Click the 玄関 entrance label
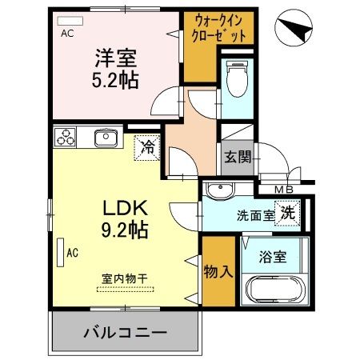[x=237, y=156]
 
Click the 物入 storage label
[x=219, y=270]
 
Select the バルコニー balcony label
[x=124, y=331]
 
